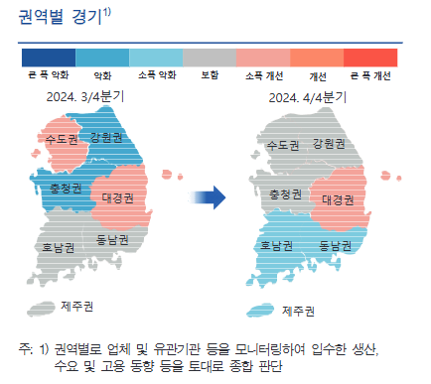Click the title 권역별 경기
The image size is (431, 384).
click(63, 17)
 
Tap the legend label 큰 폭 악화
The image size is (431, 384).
click(47, 74)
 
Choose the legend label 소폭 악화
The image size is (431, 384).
click(154, 74)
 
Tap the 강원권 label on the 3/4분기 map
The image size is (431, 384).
click(106, 136)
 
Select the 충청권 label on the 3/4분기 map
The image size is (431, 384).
click(67, 187)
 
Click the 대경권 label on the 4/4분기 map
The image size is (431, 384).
click(339, 198)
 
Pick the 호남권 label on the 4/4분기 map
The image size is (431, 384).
click(277, 245)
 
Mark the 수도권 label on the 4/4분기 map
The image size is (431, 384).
click(283, 145)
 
